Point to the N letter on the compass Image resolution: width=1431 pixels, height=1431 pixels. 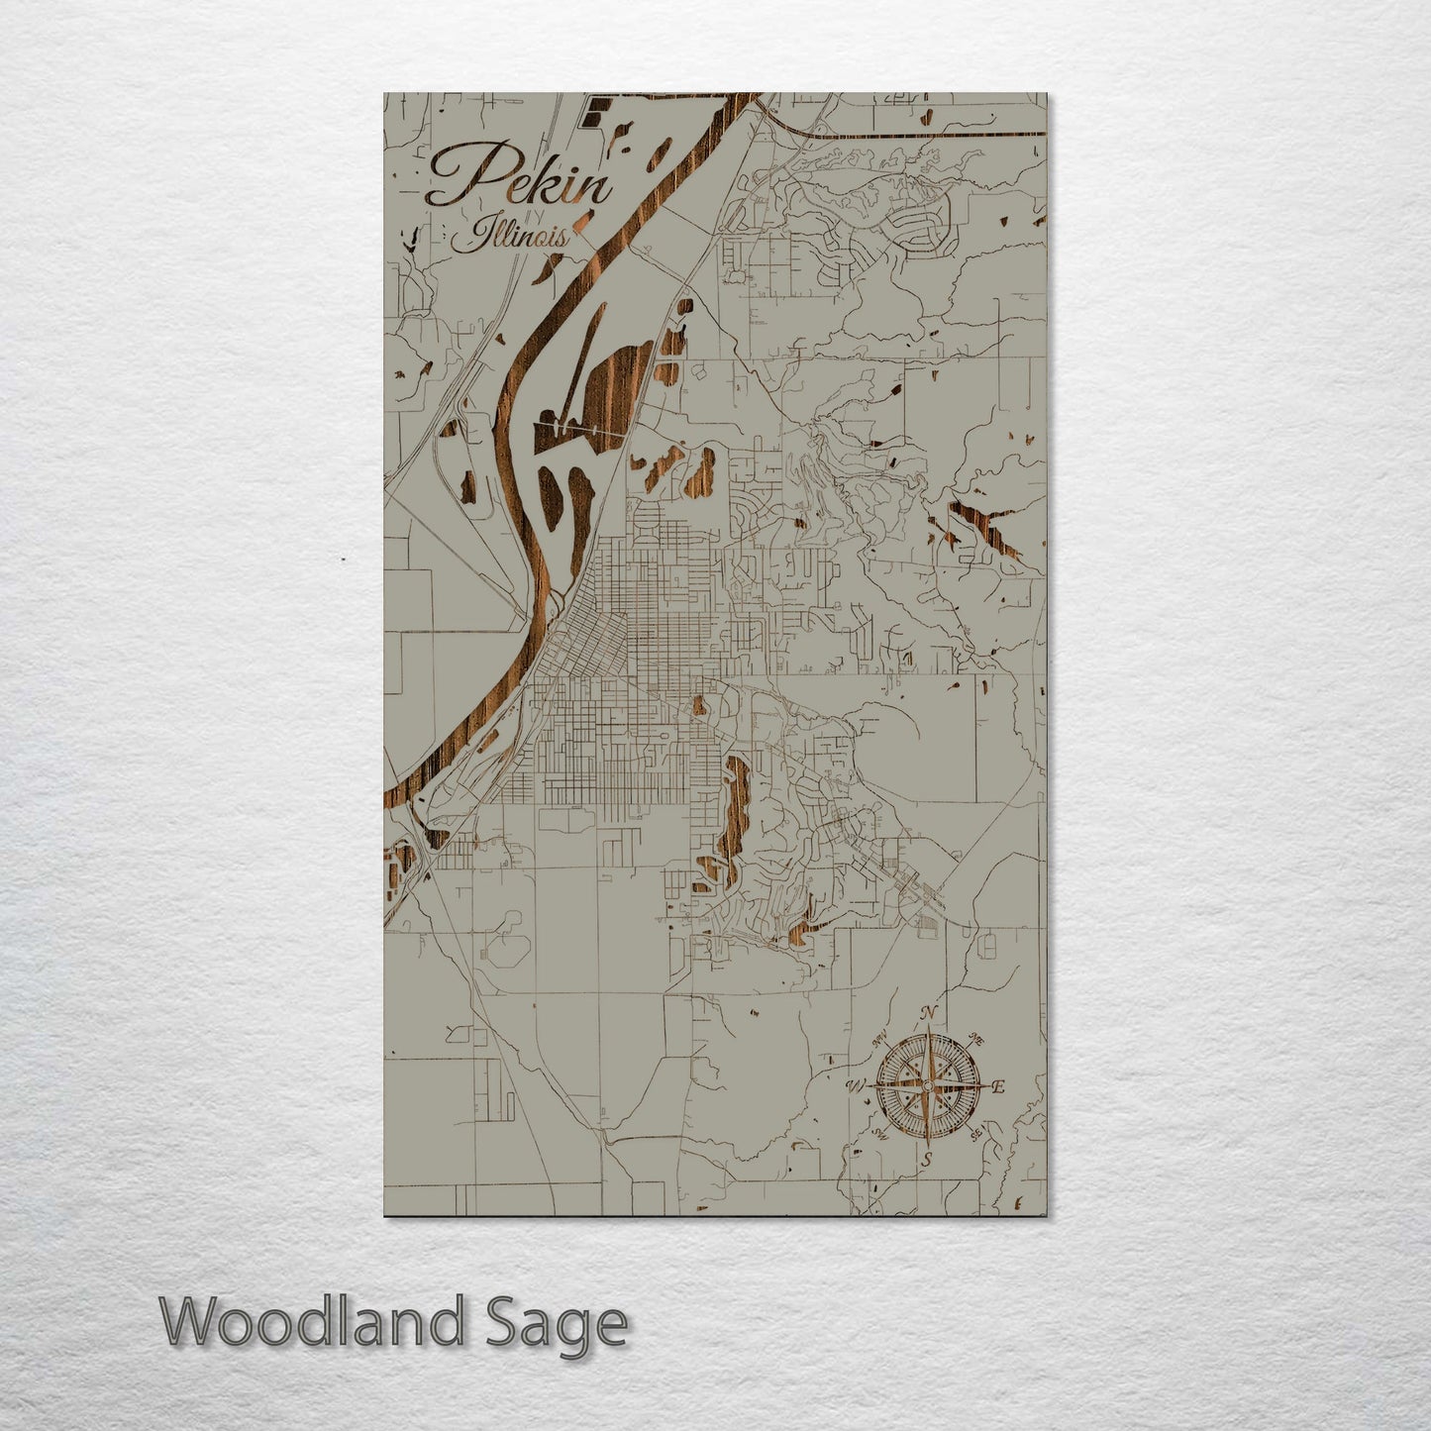[x=929, y=1012]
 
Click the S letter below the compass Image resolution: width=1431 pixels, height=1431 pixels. [x=927, y=1159]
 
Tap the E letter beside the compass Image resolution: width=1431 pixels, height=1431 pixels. [x=999, y=1086]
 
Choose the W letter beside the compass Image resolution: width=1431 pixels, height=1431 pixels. [x=854, y=1086]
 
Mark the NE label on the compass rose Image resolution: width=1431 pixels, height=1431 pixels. [x=975, y=1041]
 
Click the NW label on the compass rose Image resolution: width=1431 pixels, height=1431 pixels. [x=878, y=1041]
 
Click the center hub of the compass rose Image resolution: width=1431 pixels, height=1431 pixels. [x=927, y=1086]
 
